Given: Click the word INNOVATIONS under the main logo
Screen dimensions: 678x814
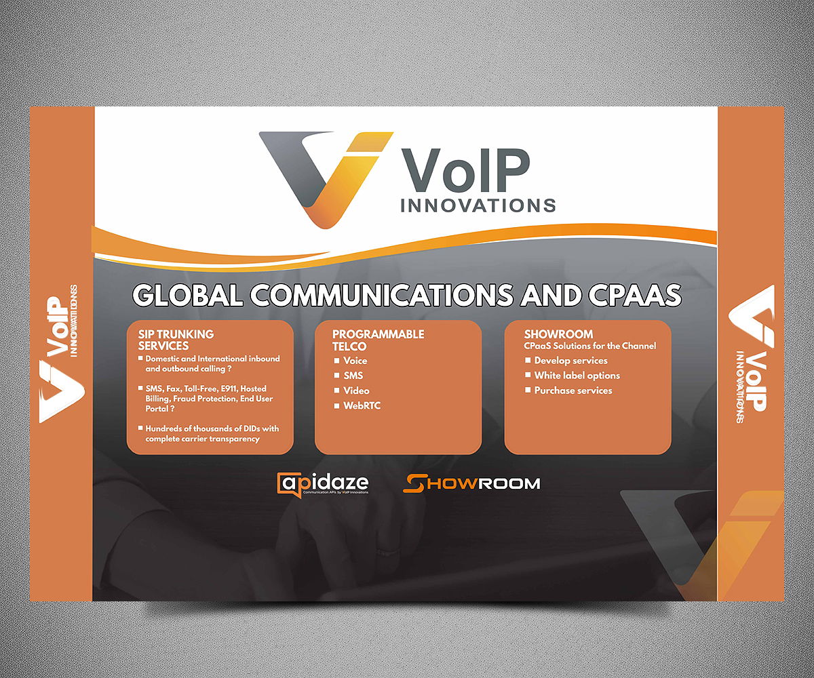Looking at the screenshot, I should coord(478,205).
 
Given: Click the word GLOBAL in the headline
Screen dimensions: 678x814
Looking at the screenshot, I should coord(187,296).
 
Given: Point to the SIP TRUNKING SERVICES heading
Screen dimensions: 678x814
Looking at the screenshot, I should coord(176,340).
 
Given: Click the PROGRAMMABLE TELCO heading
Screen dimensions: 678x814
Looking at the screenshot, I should coord(378,340).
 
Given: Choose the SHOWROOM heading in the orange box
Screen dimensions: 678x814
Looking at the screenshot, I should coord(558,334).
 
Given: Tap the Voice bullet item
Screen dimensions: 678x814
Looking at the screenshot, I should coord(355,361).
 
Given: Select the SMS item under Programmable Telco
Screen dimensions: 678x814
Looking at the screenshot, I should coord(353,376).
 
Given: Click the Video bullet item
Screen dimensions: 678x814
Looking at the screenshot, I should coord(356,391).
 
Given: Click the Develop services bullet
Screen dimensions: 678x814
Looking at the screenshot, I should coord(570,361).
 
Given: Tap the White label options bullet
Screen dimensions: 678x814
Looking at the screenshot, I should coord(577,376).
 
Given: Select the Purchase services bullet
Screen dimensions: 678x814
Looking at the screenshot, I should coord(573,391).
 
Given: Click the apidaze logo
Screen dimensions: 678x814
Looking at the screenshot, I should coord(324,484).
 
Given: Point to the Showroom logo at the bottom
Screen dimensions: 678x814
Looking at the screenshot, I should coord(471,483).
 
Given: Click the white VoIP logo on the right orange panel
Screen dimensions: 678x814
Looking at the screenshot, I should coord(751,353).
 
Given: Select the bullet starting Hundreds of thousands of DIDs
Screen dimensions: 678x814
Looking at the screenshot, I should coord(212,434).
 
